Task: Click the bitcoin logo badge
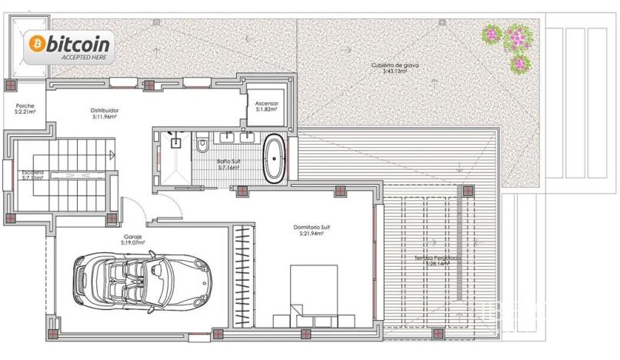click(x=69, y=47)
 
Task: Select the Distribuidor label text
click(x=104, y=110)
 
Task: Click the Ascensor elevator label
click(x=267, y=103)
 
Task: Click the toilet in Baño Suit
click(x=202, y=144)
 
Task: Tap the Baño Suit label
click(x=228, y=162)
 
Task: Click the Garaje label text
click(x=134, y=236)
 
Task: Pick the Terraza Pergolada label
click(x=437, y=258)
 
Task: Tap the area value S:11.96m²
click(x=104, y=118)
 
